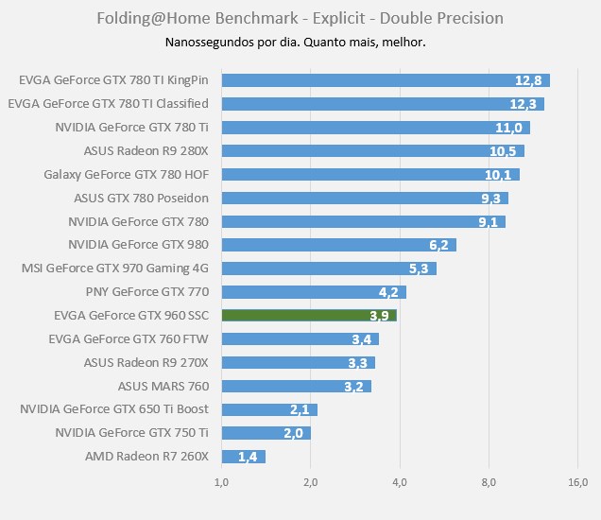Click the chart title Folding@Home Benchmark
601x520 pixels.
(300, 18)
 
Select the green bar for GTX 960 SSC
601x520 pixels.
(309, 315)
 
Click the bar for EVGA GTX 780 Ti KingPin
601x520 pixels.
(386, 80)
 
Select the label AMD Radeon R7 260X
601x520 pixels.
(146, 457)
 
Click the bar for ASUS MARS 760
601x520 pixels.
(296, 386)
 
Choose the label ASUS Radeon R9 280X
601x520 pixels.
(146, 150)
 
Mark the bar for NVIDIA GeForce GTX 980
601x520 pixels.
(338, 245)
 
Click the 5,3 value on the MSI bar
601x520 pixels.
(420, 269)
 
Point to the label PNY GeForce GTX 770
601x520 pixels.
(146, 291)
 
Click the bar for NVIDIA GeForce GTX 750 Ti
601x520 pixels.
(266, 433)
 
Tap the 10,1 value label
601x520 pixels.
(498, 174)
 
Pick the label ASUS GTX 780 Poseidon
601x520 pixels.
(141, 198)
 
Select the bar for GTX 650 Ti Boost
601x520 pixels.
(269, 409)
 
